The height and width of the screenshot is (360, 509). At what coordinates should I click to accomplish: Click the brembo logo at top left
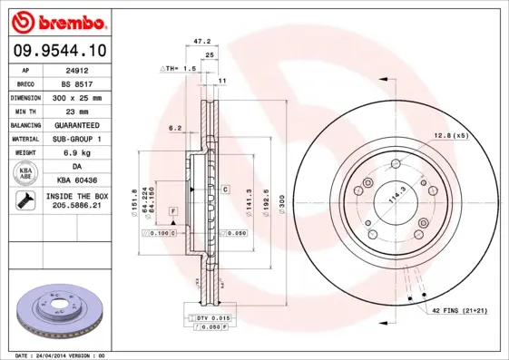tap(60, 21)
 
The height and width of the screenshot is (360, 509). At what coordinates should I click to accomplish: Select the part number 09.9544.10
tap(59, 53)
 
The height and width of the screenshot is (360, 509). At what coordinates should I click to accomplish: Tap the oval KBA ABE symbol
tap(26, 174)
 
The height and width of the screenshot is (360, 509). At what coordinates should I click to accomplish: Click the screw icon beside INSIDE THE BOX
tap(26, 201)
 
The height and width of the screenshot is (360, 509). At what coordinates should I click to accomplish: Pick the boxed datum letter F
tap(169, 210)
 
